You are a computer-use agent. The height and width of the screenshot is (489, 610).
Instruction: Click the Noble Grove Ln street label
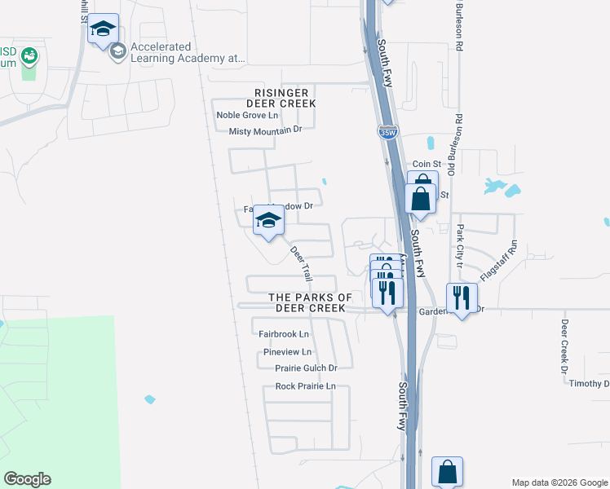point(247,115)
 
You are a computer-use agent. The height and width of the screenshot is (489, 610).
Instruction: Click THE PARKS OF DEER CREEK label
point(310,303)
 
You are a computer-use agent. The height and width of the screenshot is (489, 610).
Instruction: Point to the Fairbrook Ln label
point(284,334)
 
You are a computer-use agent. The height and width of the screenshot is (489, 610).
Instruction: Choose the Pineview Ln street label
point(288,352)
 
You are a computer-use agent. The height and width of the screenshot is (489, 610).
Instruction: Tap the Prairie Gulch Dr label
point(306,368)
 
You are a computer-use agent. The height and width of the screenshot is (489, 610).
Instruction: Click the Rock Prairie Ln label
point(305,386)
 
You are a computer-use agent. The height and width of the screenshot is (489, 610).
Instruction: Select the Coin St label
point(426,164)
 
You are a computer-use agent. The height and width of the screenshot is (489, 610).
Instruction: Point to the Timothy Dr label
point(589,384)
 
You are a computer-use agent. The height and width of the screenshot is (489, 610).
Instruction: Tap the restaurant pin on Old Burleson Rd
point(462,299)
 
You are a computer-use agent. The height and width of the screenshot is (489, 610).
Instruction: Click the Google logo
point(27,479)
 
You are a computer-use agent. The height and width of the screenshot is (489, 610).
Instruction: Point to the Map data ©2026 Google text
point(559,482)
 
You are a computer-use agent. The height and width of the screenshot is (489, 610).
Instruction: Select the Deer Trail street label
point(302,262)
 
